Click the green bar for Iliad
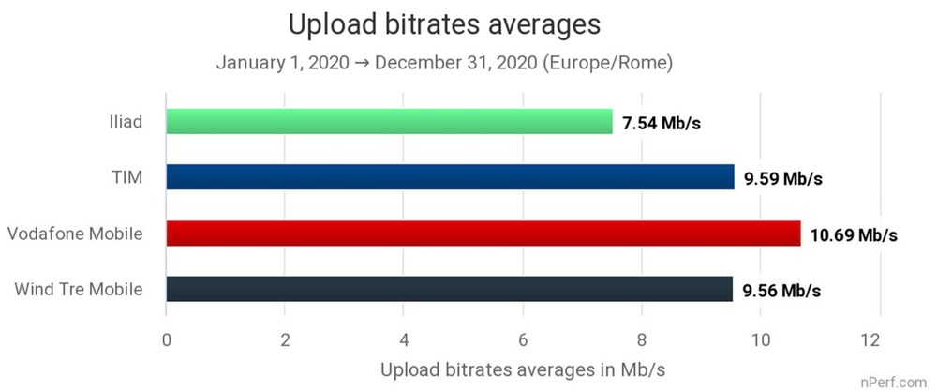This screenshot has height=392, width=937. pos(389,121)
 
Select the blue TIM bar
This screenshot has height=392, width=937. pos(450,176)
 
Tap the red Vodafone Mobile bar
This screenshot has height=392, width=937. pos(483,233)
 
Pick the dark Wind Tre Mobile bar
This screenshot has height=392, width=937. pos(449,289)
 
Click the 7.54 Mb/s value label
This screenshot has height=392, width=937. pos(661,122)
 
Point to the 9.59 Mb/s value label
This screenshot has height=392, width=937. pos(782,178)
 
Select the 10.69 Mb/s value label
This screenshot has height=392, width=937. pos(854,234)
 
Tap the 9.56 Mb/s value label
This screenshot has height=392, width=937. pos(781,291)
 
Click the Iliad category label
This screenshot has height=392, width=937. pos(125,121)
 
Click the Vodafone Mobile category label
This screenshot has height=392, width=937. pos(74,233)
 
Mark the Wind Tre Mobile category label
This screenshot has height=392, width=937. pos(79,289)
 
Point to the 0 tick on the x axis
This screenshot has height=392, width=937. pos(166,338)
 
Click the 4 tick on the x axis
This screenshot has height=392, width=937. pos(404,338)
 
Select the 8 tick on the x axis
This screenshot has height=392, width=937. pos(642,338)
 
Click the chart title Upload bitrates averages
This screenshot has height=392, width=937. pos(444,25)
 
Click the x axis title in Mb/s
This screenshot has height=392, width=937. pos(523,369)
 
